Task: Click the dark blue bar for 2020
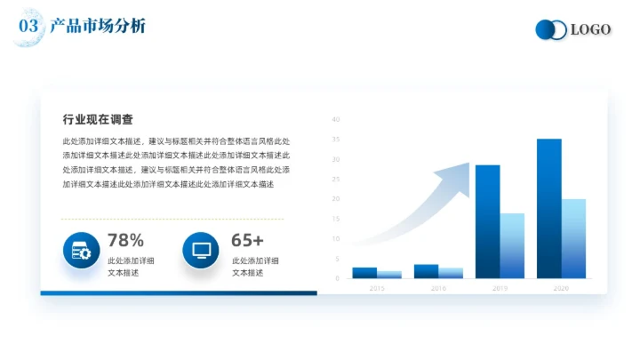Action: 548,209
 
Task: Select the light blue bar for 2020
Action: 573,238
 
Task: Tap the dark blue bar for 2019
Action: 487,222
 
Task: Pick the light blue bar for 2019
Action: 512,246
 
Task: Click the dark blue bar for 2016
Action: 426,271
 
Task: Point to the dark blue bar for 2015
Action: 364,273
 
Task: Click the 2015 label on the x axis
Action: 377,289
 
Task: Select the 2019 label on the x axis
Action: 500,289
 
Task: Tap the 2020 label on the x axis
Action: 561,289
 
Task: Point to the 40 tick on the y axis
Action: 336,119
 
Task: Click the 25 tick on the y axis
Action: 336,179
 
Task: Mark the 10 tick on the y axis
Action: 336,238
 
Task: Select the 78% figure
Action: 125,240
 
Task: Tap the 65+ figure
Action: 247,240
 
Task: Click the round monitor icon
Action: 201,251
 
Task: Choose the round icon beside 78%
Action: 81,251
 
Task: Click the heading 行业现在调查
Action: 98,120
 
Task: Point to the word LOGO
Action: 590,30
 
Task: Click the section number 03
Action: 28,27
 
